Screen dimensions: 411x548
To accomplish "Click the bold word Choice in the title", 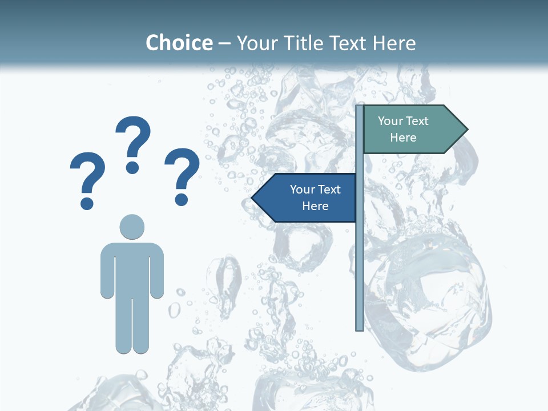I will pyautogui.click(x=179, y=43).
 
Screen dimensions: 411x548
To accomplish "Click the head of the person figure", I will pyautogui.click(x=132, y=227).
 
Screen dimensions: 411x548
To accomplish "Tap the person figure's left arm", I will pyautogui.click(x=107, y=271).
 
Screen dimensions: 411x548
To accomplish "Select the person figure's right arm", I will pyautogui.click(x=157, y=271).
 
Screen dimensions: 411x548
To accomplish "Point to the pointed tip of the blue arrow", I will pyautogui.click(x=253, y=198).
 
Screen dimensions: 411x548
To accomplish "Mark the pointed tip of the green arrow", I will pyautogui.click(x=466, y=130).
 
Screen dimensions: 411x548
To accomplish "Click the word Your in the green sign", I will pyautogui.click(x=390, y=121).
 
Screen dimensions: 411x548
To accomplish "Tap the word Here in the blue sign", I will pyautogui.click(x=315, y=206).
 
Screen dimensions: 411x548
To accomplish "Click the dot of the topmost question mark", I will pyautogui.click(x=132, y=167).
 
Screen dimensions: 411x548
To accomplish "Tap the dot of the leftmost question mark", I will pyautogui.click(x=87, y=203).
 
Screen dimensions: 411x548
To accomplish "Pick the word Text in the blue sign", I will pyautogui.click(x=330, y=190).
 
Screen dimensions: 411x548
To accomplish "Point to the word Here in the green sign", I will pyautogui.click(x=403, y=138).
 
